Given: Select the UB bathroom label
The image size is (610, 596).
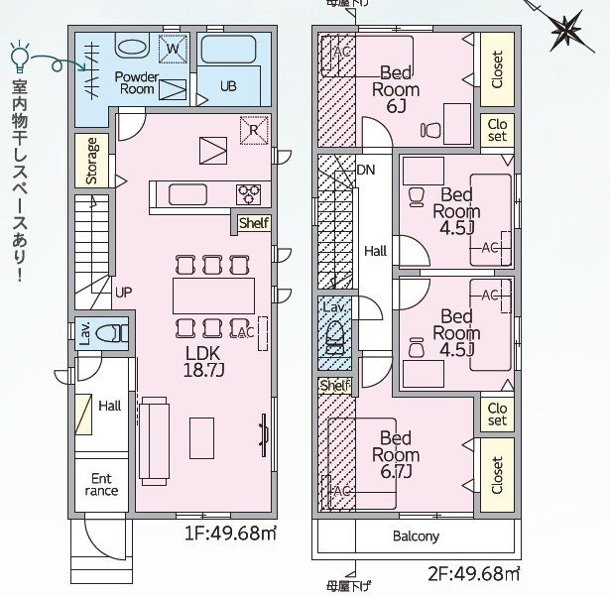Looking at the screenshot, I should (228, 86).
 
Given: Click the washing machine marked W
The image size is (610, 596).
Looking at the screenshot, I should (173, 48).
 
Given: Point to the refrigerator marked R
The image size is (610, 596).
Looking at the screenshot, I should (254, 128).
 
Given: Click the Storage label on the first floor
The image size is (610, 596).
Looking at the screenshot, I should (91, 162).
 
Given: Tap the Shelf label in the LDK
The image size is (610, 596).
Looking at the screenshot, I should (253, 223).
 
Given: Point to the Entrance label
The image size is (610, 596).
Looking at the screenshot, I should (101, 484).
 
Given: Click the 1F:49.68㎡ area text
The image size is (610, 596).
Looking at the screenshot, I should (230, 534).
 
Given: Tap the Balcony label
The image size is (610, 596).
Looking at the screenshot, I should (416, 536).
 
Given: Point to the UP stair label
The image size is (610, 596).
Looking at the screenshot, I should (123, 292).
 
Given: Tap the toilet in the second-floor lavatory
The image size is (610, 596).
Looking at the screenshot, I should (336, 333).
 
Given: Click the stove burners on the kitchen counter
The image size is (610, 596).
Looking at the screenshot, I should (248, 192).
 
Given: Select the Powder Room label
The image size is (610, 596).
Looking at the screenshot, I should (137, 82).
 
